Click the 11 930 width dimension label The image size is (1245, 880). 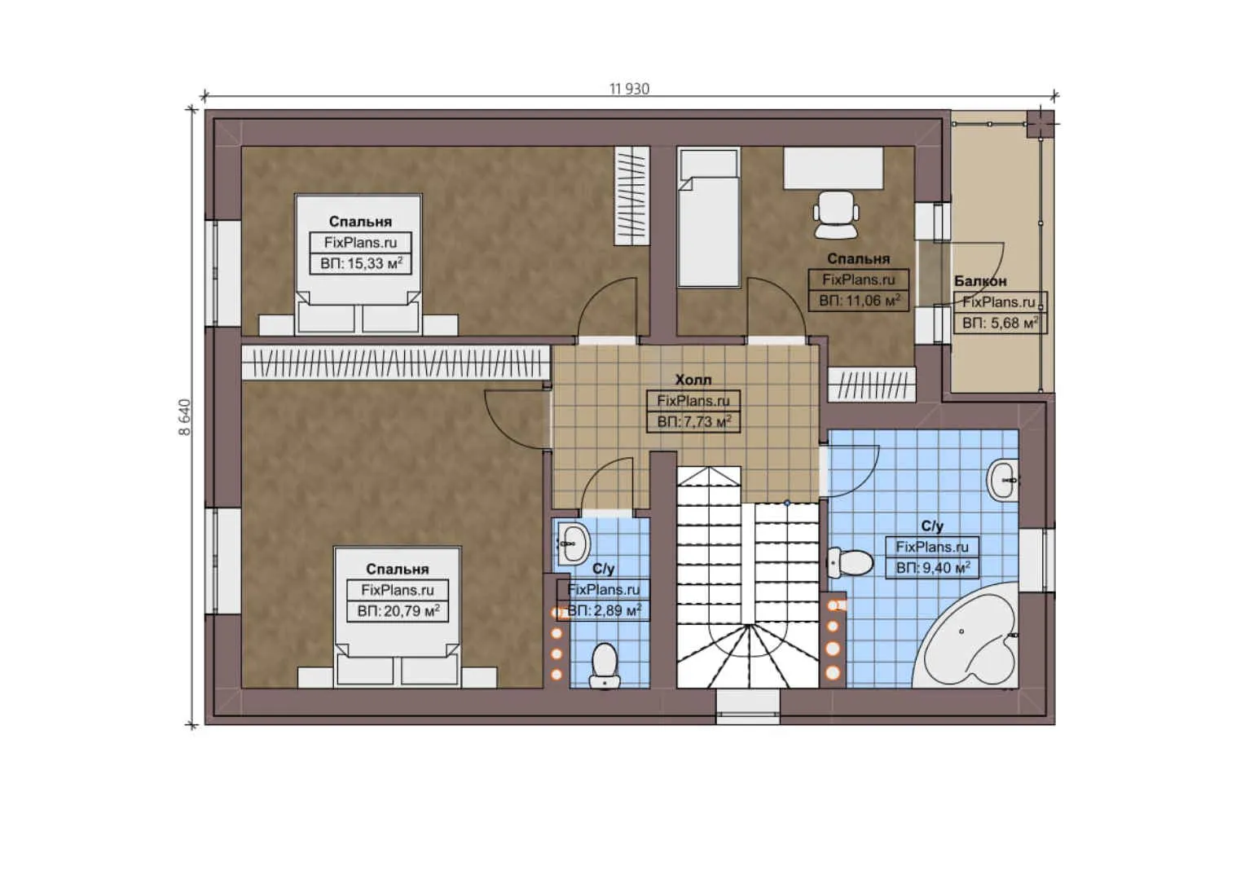(x=629, y=89)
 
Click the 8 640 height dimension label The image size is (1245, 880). (x=185, y=416)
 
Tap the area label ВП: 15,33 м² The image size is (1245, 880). (x=361, y=263)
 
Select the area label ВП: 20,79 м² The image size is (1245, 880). (x=398, y=611)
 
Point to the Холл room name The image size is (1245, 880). (x=693, y=380)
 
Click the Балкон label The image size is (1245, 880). (x=980, y=281)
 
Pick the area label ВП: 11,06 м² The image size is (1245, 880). (x=859, y=301)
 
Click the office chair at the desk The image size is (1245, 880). (x=836, y=213)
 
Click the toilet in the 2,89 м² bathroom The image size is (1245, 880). (x=604, y=665)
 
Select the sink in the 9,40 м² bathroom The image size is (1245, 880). (x=1002, y=480)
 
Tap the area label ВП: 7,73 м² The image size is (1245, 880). (x=693, y=422)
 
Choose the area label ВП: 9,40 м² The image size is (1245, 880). (x=932, y=568)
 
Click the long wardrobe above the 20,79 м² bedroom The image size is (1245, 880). (x=396, y=363)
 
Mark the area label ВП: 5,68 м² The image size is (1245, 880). (x=1000, y=323)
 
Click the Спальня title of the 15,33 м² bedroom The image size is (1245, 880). (x=360, y=222)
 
